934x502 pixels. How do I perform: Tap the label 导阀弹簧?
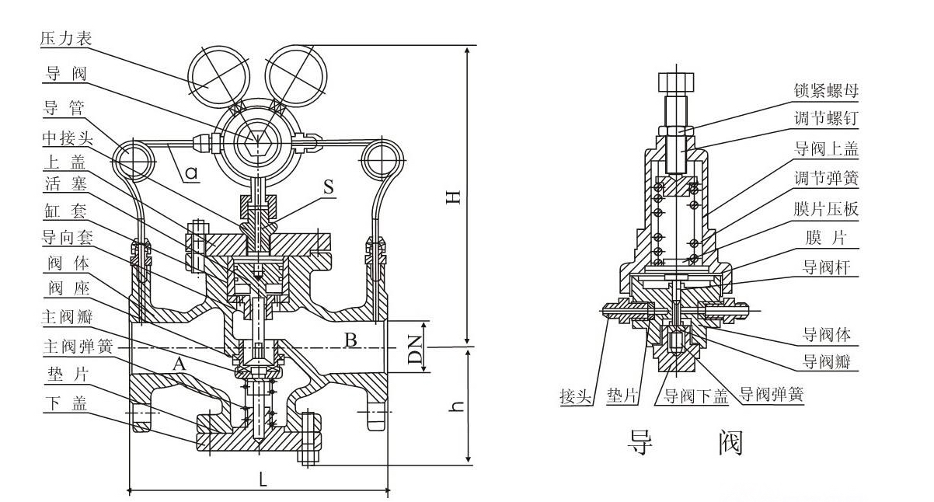pos(771,396)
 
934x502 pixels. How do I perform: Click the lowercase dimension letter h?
pos(458,406)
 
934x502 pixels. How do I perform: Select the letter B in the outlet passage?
pos(350,340)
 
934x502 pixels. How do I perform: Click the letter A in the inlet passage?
pos(179,362)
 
